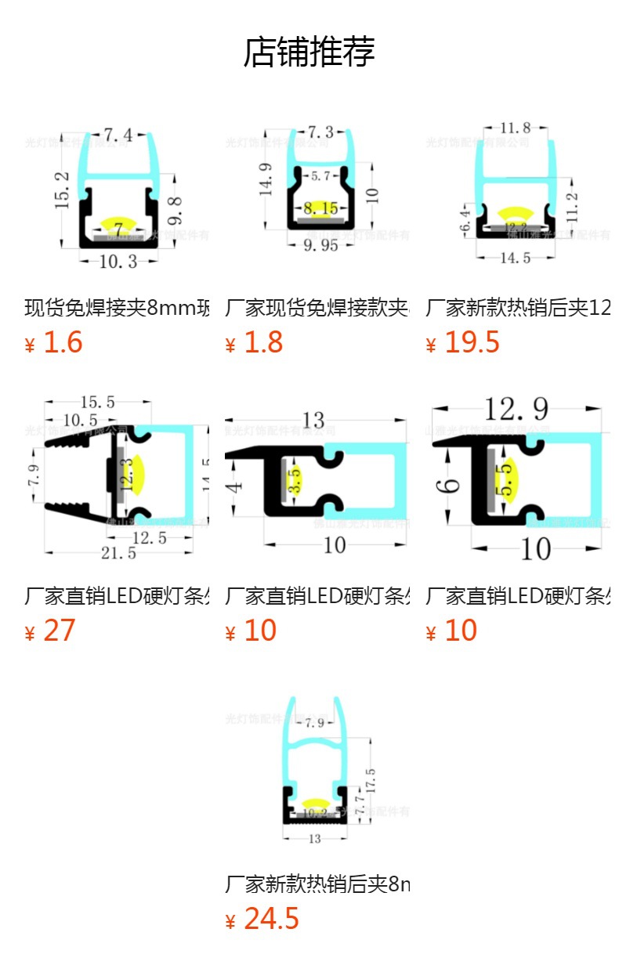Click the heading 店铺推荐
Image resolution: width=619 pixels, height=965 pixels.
click(x=309, y=52)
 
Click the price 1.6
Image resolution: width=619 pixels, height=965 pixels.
click(x=62, y=343)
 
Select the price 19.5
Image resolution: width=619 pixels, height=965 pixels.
click(x=472, y=343)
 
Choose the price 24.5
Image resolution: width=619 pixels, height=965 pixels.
click(x=271, y=919)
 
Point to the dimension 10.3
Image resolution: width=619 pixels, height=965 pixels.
click(x=118, y=261)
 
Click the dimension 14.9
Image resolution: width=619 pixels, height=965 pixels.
click(x=266, y=179)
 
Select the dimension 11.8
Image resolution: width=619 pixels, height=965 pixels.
click(x=515, y=127)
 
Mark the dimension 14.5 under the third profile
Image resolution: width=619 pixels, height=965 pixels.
click(x=515, y=258)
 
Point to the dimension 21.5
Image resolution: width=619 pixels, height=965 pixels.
click(x=118, y=553)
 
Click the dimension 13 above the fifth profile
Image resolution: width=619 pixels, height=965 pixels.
click(x=313, y=421)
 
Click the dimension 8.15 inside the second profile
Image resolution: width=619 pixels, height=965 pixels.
click(x=320, y=208)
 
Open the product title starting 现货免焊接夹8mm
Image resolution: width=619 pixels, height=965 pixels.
click(x=118, y=308)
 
